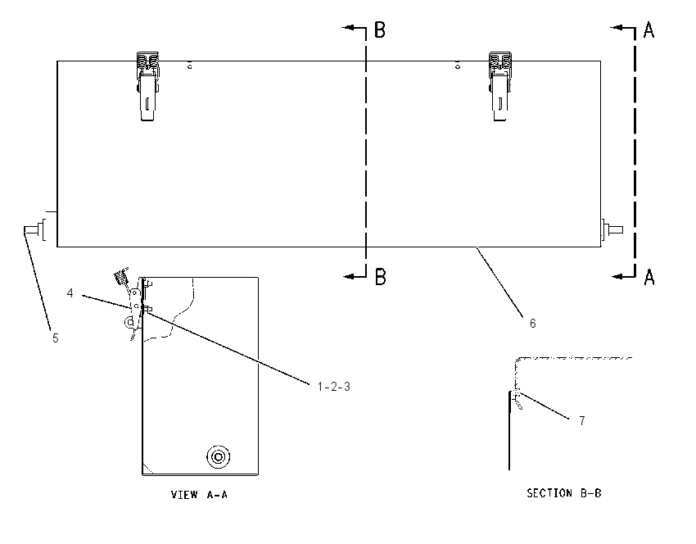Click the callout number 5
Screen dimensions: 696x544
click(56, 338)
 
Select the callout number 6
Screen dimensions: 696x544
click(533, 324)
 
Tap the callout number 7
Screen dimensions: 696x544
click(582, 420)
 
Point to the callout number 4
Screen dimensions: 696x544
click(70, 293)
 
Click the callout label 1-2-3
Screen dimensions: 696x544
click(334, 387)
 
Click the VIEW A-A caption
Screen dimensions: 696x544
click(199, 495)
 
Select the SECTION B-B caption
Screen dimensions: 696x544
click(563, 493)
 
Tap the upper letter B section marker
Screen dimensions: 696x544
click(380, 29)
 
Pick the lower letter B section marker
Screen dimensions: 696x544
click(381, 277)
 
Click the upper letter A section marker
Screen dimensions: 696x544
click(649, 29)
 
